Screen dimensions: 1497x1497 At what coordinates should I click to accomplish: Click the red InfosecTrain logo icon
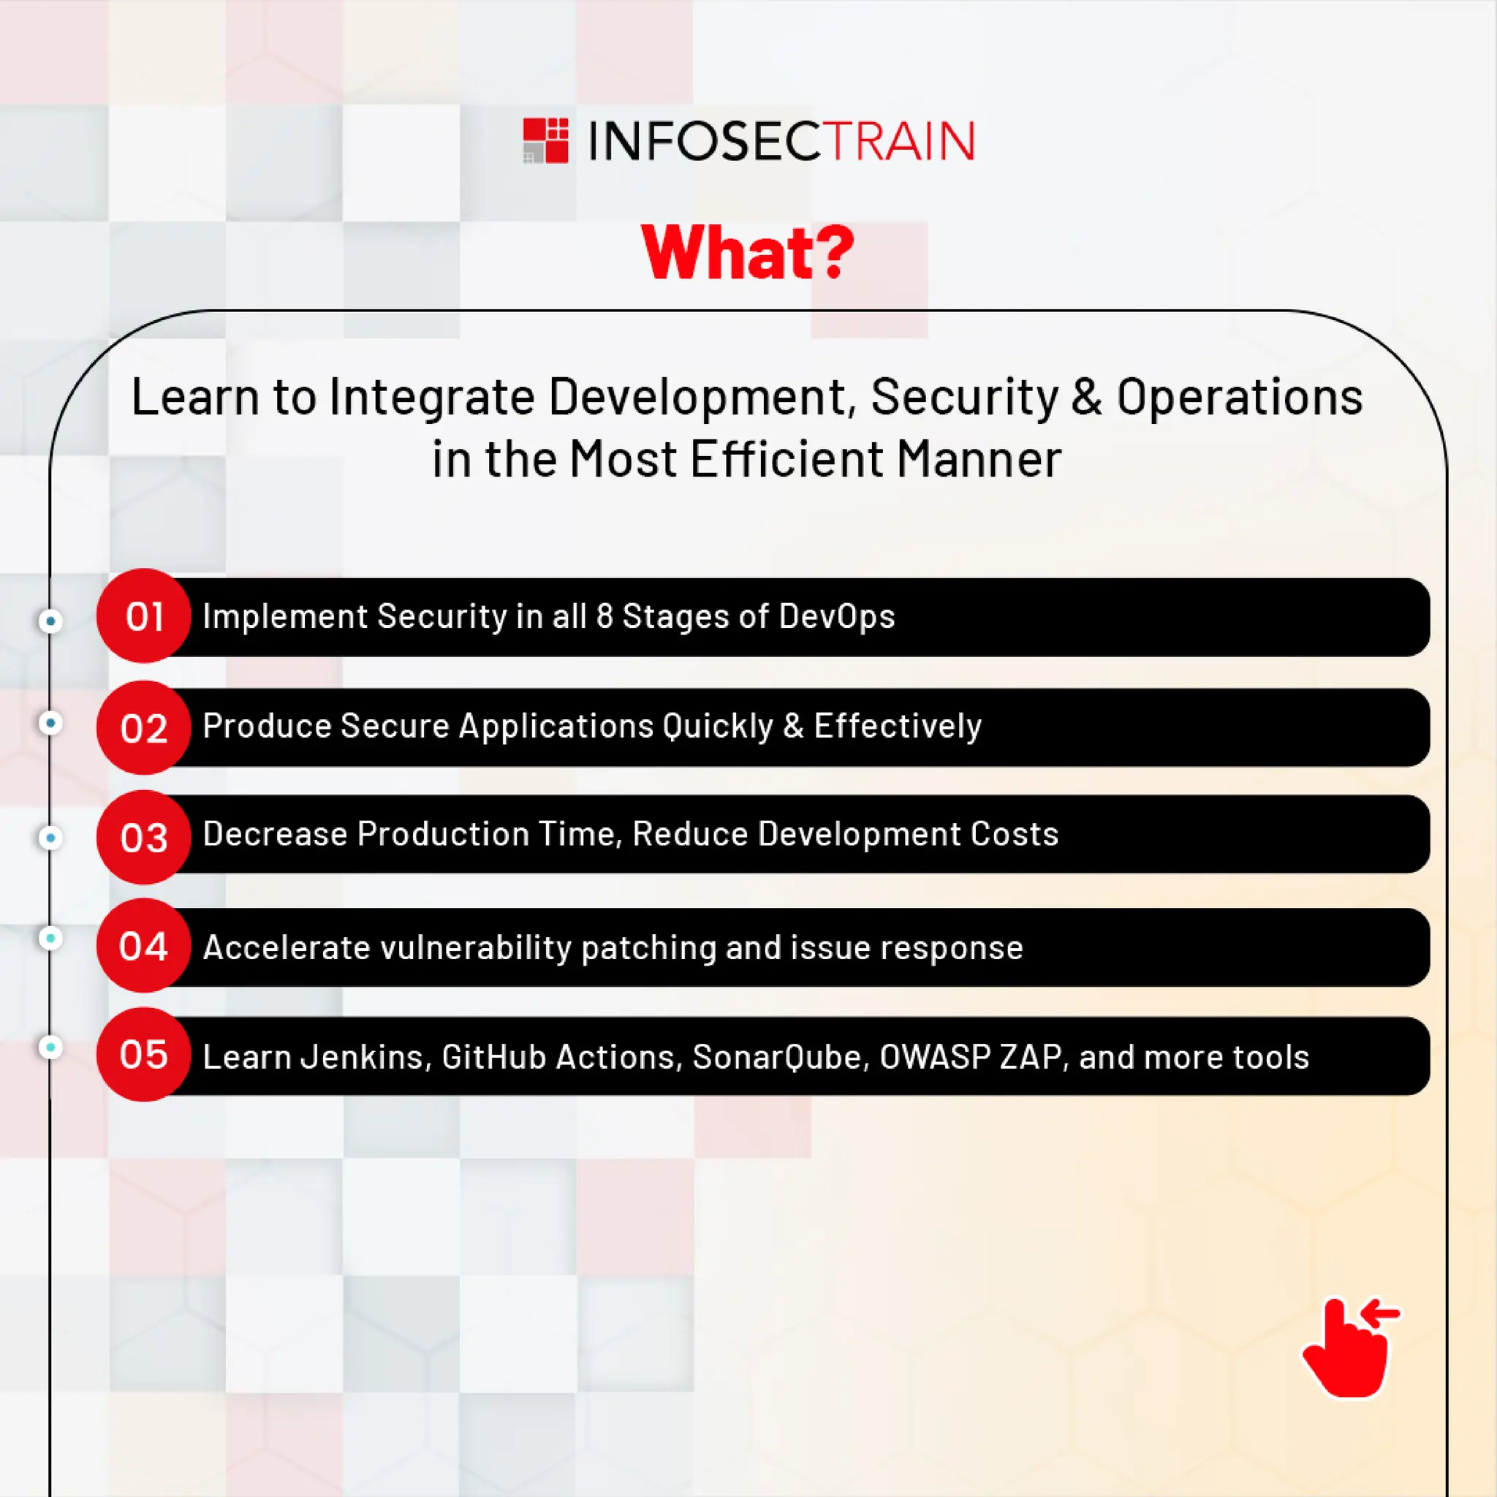click(x=545, y=140)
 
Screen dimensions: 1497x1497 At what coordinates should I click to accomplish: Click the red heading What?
click(x=748, y=253)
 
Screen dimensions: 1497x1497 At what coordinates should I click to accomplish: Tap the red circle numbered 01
click(x=143, y=616)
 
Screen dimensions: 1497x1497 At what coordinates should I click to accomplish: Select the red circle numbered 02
click(x=143, y=727)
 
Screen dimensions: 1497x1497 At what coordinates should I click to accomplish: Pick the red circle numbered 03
click(x=143, y=837)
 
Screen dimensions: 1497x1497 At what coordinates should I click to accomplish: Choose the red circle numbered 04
click(x=143, y=945)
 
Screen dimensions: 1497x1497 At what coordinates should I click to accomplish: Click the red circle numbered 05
click(x=143, y=1055)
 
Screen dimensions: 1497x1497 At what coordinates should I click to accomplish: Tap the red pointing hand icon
click(x=1350, y=1348)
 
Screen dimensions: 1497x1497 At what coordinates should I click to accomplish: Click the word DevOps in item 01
click(x=836, y=617)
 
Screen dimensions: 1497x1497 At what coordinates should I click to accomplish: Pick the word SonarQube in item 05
click(x=780, y=1057)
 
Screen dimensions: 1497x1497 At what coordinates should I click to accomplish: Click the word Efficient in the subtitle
click(x=787, y=460)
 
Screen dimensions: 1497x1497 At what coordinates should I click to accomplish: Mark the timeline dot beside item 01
click(x=51, y=621)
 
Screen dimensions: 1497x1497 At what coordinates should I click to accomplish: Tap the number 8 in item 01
click(x=605, y=617)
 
